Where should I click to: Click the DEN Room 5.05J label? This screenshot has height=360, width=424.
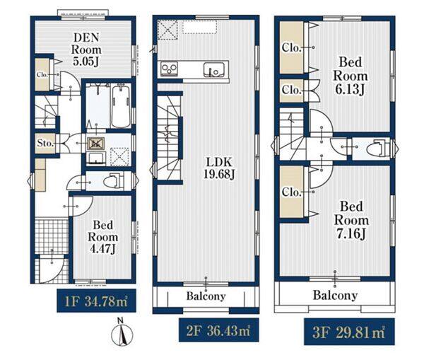[86, 50]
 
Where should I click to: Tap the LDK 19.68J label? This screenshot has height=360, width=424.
[219, 168]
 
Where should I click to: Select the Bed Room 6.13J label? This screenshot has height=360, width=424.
[351, 76]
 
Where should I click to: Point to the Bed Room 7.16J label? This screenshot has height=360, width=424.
[351, 220]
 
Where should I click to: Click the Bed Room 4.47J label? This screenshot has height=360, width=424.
[102, 237]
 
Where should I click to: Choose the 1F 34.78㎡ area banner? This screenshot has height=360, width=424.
[96, 301]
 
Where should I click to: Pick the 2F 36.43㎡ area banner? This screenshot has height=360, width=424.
[219, 330]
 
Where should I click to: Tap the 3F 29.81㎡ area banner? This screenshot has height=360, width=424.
[349, 332]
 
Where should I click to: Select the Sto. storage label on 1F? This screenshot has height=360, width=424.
[45, 143]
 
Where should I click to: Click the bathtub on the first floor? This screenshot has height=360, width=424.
[121, 107]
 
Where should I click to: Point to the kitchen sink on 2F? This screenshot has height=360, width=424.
[214, 69]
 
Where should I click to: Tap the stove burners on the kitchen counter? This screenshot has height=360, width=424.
[170, 69]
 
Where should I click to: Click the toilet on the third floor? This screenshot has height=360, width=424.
[378, 149]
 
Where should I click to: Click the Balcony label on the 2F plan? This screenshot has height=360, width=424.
[206, 296]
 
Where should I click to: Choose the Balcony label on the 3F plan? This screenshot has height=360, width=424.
[335, 295]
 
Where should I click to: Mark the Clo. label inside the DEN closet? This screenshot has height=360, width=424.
[42, 74]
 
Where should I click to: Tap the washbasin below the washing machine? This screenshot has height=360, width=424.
[96, 158]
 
